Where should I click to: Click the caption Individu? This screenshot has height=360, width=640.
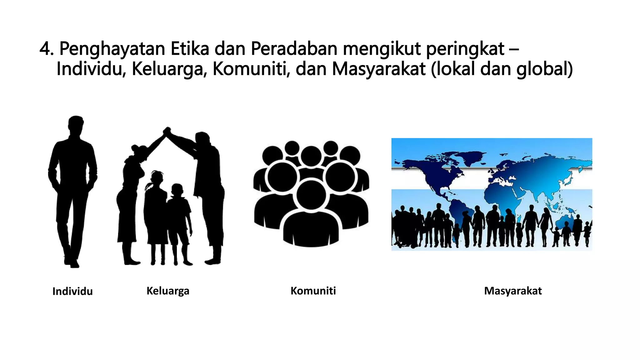point(72,291)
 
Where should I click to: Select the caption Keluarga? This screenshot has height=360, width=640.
point(168,291)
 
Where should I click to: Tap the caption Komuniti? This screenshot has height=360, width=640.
point(313,291)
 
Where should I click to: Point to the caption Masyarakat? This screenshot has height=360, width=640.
point(513,291)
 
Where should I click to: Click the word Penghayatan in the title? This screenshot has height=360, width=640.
point(112,49)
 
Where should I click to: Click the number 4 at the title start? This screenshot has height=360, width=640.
point(46,49)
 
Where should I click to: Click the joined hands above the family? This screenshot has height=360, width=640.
point(167,131)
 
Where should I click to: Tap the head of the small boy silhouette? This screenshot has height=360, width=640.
point(177,190)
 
